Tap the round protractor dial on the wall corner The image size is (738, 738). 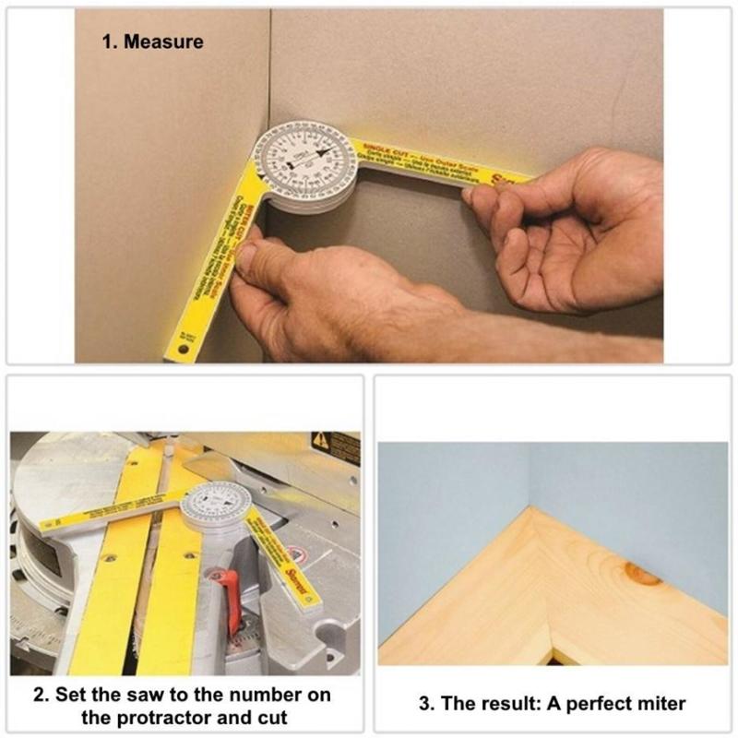[x=304, y=163]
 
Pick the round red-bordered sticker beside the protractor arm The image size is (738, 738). [x=294, y=555]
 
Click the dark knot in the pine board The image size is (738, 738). [x=642, y=573]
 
